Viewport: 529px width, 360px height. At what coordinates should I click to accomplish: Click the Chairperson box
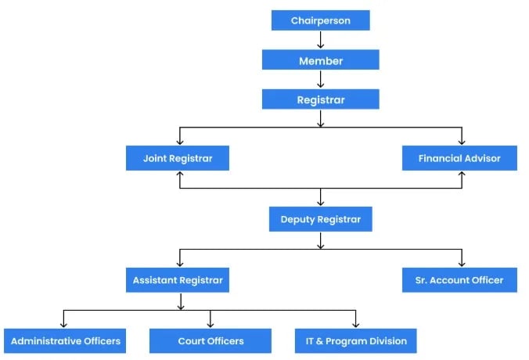coord(320,20)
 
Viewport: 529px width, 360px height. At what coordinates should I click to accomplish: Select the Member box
coord(320,60)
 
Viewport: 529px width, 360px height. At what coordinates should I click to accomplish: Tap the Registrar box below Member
coord(320,99)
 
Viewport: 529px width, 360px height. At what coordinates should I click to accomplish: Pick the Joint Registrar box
coord(179,158)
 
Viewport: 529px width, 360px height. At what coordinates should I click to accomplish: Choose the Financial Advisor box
coord(459,158)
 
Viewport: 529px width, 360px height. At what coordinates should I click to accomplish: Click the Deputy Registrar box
coord(320,219)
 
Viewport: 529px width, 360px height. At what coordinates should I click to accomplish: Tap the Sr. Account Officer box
coord(459,279)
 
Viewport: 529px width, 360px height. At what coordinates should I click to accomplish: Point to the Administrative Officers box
coord(65,340)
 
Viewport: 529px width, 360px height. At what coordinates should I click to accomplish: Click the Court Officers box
coord(211,340)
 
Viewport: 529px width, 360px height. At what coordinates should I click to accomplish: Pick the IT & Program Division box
coord(356,340)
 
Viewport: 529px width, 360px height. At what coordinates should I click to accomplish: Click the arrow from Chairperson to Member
coord(320,40)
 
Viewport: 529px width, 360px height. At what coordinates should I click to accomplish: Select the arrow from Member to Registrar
coord(320,80)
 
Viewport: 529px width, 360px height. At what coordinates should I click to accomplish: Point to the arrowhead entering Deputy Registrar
coord(320,203)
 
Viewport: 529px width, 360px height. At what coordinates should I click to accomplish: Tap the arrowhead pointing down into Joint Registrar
coord(180,142)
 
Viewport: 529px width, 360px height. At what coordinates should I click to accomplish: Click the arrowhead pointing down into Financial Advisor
coord(460,142)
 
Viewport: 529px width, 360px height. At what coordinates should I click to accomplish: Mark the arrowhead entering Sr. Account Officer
coord(460,263)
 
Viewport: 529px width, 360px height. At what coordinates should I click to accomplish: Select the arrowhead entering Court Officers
coord(211,324)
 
